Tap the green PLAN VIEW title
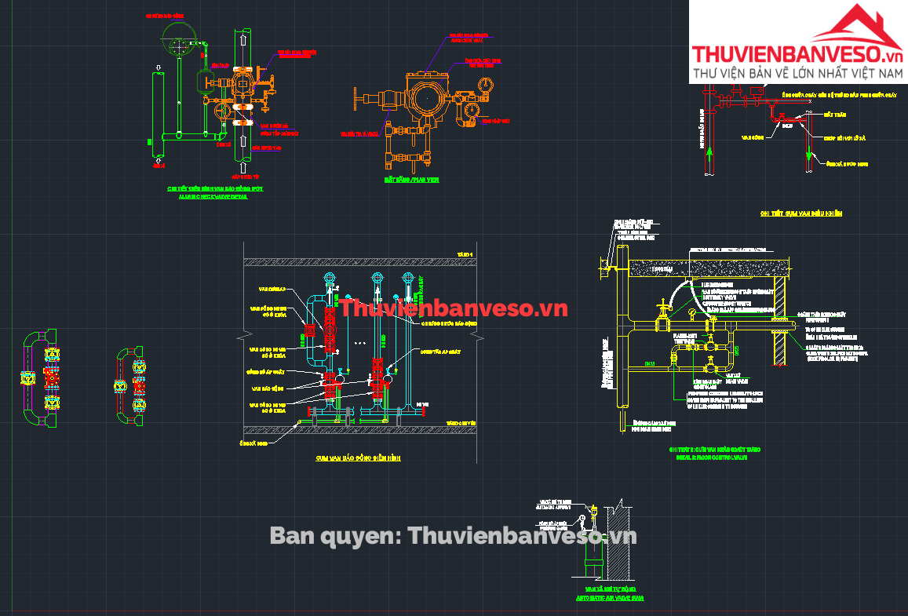click(411, 180)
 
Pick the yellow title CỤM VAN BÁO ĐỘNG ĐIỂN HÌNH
click(358, 457)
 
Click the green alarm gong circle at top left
click(178, 35)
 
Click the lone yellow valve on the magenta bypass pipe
click(122, 385)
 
